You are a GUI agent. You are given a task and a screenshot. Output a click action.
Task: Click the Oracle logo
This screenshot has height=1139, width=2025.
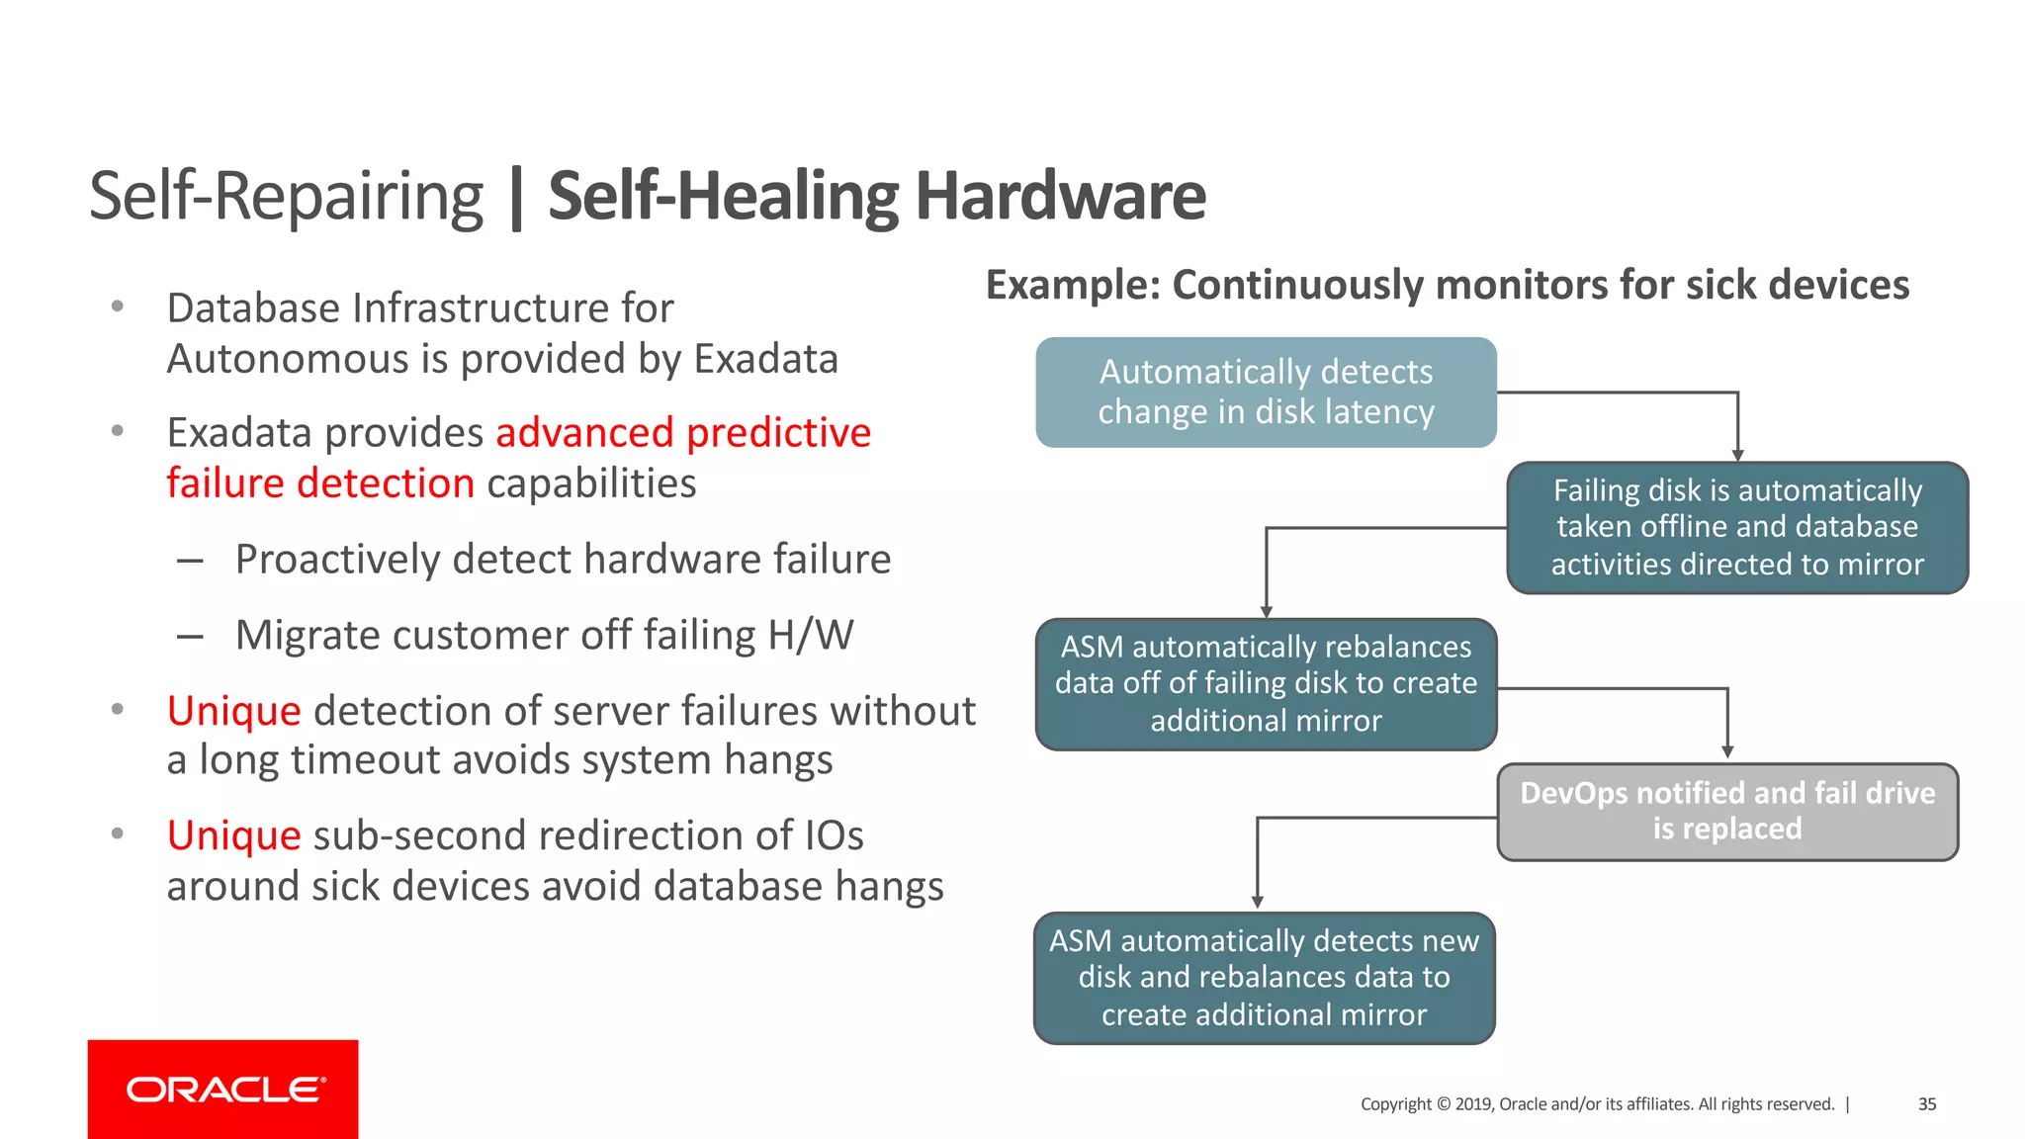tap(223, 1089)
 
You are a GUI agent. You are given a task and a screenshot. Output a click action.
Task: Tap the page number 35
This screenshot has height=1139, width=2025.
tap(1927, 1104)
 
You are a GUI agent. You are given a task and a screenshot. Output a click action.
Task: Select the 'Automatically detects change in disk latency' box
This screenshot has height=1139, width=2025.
tap(1266, 393)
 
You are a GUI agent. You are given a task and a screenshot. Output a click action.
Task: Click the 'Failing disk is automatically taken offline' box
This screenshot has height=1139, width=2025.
tap(1737, 527)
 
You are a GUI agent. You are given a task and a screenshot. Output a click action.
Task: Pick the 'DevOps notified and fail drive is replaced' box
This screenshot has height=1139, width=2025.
tap(1727, 812)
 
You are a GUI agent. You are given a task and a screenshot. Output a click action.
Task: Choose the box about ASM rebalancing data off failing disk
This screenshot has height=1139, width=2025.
tap(1266, 684)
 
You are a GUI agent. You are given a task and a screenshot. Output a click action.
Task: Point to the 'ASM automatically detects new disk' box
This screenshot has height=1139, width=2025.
tap(1264, 978)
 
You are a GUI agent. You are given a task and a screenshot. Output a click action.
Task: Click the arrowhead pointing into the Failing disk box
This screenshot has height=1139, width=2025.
tap(1737, 455)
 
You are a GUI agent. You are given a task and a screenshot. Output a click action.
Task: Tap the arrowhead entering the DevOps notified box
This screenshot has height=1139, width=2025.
tap(1727, 752)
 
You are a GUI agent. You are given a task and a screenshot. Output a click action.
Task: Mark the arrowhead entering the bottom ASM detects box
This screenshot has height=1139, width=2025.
tap(1258, 902)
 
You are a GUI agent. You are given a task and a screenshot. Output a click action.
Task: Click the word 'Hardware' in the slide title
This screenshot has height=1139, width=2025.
tap(1060, 196)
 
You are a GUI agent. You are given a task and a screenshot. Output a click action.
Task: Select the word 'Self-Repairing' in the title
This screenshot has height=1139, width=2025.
tap(286, 196)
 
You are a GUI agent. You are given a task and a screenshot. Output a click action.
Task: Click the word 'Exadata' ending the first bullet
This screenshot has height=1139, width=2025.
tap(766, 359)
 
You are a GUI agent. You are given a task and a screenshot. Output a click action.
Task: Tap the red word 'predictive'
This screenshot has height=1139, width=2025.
tap(779, 433)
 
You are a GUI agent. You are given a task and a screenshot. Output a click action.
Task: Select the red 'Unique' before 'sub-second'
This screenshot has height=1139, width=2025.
tap(233, 836)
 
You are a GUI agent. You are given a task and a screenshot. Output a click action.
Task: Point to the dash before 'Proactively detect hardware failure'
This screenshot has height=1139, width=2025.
tap(190, 561)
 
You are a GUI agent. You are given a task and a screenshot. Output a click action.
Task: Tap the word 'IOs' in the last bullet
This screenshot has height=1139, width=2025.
tap(834, 836)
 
